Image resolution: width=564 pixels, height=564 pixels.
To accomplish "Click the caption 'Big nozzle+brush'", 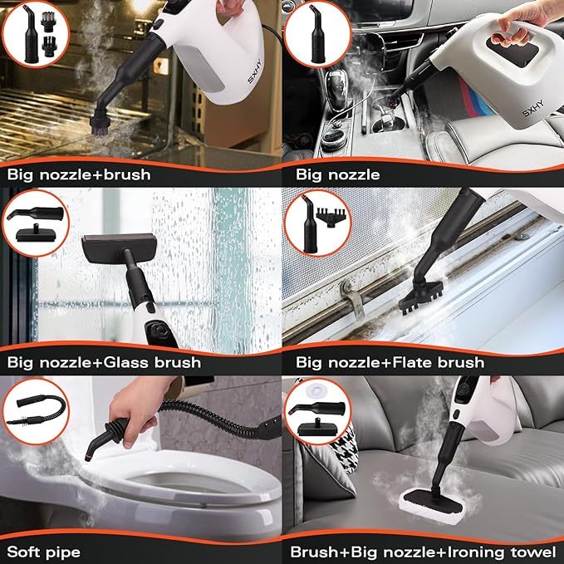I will point(78,175).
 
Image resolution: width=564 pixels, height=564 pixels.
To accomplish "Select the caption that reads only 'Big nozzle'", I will point(338,175).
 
